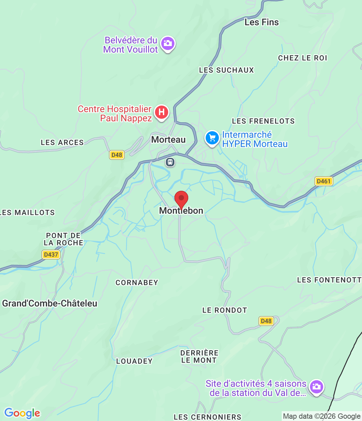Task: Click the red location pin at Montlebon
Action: coord(181,199)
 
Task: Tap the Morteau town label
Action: coord(168,140)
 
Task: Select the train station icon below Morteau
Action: coord(170,162)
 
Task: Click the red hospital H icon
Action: coord(161,112)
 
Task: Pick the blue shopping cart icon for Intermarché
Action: coord(212,138)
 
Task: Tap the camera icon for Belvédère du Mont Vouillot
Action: coord(168,43)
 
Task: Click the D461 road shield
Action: coord(323,181)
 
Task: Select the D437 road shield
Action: coord(51,255)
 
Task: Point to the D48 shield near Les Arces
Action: coord(117,155)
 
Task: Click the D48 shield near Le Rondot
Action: coord(266,321)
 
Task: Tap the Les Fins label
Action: coord(262,22)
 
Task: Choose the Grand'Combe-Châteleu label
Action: coord(50,303)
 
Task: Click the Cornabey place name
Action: coord(137,283)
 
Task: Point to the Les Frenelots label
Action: coord(263,121)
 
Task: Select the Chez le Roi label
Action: coord(302,58)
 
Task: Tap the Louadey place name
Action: coord(134,361)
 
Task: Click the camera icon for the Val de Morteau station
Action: coord(317,387)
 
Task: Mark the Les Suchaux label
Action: coord(226,70)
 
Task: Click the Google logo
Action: coord(22,413)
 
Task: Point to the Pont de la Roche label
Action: coord(64,239)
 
